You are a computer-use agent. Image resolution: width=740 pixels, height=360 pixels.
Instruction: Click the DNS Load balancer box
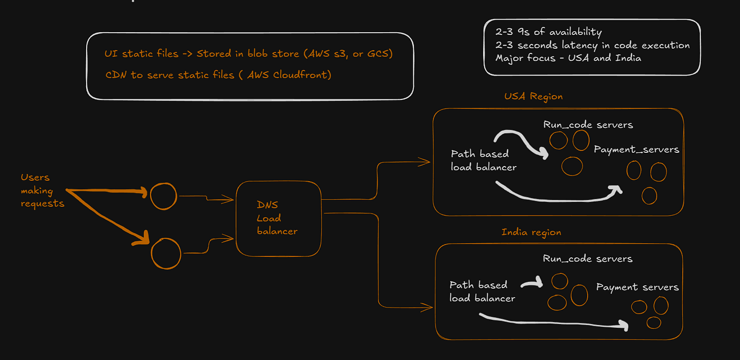point(278,218)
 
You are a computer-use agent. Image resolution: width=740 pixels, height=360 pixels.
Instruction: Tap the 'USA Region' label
point(533,96)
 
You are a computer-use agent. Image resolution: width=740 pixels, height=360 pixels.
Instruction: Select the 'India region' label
point(531,232)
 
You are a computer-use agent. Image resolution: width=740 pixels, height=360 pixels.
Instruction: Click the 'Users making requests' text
point(42,190)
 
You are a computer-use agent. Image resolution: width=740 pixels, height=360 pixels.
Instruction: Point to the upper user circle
point(163,196)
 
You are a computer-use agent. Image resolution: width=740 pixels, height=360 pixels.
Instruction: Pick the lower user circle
point(165,254)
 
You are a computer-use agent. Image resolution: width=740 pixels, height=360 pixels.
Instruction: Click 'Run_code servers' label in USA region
point(588,125)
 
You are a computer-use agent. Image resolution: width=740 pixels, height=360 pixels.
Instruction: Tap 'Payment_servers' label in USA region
point(636,150)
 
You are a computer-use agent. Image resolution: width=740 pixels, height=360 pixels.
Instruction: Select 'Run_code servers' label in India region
point(587,259)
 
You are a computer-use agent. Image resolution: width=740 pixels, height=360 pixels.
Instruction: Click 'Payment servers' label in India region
point(637,287)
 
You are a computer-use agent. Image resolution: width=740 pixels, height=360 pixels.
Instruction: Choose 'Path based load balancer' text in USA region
point(483,160)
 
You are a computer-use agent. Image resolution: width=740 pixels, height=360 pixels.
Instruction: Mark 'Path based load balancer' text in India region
point(482,291)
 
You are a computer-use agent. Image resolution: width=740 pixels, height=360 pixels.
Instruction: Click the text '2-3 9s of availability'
point(548,32)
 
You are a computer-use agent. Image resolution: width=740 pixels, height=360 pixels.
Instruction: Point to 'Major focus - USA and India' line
point(568,58)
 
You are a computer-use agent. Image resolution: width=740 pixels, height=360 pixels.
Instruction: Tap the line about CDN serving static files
point(218,75)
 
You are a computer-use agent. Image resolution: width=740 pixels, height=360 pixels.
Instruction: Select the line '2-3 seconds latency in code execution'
point(592,45)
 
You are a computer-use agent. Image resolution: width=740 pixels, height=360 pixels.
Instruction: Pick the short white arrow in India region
point(532,283)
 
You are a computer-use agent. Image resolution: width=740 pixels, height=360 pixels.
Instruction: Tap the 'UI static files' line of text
point(248,54)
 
